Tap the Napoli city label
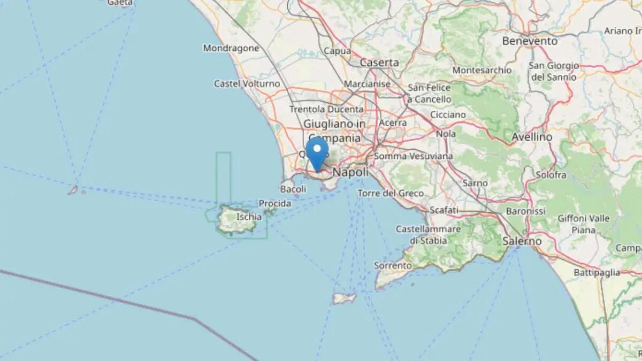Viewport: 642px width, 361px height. pos(350,172)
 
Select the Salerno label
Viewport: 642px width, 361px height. pos(522,241)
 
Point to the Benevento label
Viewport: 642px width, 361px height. pos(529,41)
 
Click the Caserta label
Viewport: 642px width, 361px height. pos(379,63)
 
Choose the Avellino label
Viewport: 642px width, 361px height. pos(532,137)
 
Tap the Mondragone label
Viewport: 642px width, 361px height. pos(231,48)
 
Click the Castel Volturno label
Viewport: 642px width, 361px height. pos(247,83)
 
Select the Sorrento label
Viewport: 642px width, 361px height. pos(393,265)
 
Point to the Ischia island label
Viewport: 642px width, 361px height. pos(249,217)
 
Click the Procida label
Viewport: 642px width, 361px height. pos(275,203)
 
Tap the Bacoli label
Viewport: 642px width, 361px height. pos(293,189)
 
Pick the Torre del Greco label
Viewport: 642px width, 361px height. pos(391,193)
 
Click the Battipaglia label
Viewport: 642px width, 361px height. pos(597,272)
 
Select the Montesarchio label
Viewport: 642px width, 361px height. pos(481,70)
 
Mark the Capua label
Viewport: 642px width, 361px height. pos(338,51)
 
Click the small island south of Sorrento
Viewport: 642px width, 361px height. pos(344,298)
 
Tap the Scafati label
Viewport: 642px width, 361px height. pos(444,210)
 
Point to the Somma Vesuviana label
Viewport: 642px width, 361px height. pos(413,156)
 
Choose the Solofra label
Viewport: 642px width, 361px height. pos(551,175)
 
